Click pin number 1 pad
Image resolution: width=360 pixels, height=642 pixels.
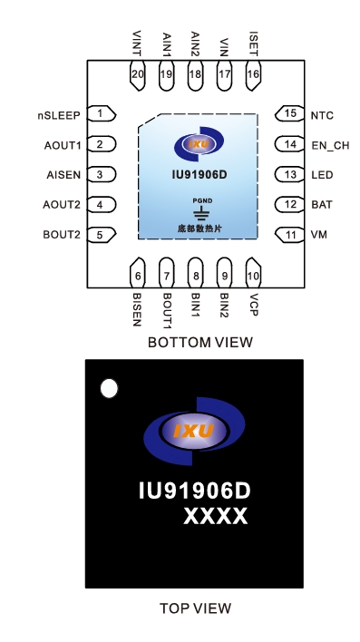tap(102, 113)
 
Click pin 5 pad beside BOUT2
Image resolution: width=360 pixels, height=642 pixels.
tap(102, 235)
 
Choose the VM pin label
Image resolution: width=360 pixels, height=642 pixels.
tap(317, 235)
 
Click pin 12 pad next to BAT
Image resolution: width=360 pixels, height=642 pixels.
tap(289, 205)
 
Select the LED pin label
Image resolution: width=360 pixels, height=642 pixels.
tap(320, 175)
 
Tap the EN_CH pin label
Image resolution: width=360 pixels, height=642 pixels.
tap(329, 145)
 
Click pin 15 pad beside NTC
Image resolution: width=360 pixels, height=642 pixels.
tap(289, 114)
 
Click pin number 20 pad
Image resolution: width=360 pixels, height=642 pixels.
tap(138, 74)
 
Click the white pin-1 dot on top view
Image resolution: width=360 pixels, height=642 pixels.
tap(109, 389)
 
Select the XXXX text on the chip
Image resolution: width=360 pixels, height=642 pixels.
tap(215, 516)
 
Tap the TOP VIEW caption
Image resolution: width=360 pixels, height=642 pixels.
tap(195, 608)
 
